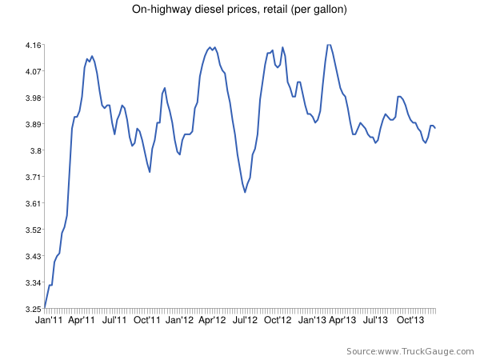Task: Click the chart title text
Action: pyautogui.click(x=239, y=10)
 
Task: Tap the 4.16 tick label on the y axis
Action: pyautogui.click(x=32, y=45)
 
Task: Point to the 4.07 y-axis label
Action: pyautogui.click(x=32, y=71)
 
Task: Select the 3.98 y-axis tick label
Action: pyautogui.click(x=32, y=98)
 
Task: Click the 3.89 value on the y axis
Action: pyautogui.click(x=32, y=124)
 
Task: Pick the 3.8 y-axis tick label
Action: pyautogui.click(x=34, y=150)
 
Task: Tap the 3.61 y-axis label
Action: pyautogui.click(x=32, y=203)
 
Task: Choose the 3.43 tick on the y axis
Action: pyautogui.click(x=32, y=256)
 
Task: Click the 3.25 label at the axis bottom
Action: pyautogui.click(x=32, y=309)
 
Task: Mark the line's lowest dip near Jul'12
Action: pyautogui.click(x=245, y=192)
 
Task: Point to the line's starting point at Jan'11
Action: pyautogui.click(x=45, y=308)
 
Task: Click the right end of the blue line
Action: pyautogui.click(x=435, y=128)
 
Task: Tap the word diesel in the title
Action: pyautogui.click(x=214, y=10)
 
